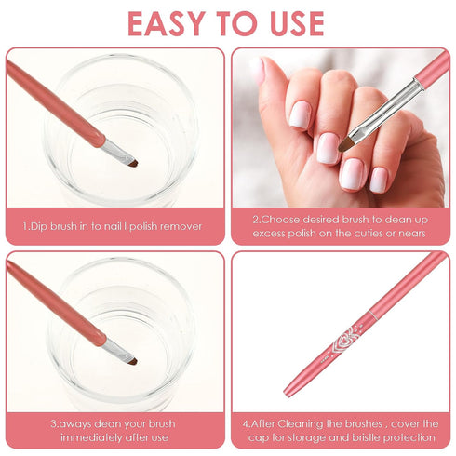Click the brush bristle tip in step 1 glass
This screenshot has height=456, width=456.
pyautogui.click(x=133, y=164)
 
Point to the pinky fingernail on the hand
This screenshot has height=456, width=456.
pyautogui.click(x=379, y=179)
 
